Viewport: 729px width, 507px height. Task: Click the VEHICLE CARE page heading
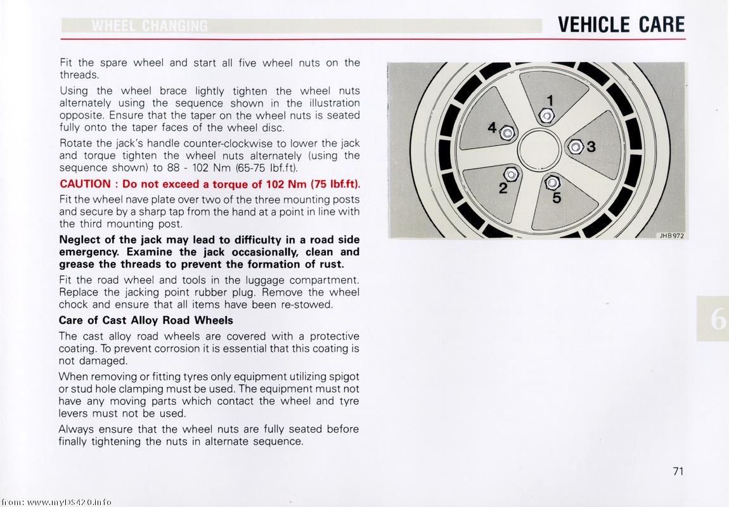click(621, 24)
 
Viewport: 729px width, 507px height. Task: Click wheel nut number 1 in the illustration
click(547, 116)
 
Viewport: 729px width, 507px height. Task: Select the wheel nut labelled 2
click(510, 174)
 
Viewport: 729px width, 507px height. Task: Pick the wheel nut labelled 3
click(575, 147)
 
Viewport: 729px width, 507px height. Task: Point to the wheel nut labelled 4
click(507, 133)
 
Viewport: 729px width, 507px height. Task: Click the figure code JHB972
click(671, 236)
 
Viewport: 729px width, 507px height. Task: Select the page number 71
click(678, 471)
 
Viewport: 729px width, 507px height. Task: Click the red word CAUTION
click(85, 184)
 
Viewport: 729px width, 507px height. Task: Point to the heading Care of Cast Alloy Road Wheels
click(146, 320)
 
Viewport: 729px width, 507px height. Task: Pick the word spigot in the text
click(342, 376)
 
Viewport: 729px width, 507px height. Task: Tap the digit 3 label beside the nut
click(591, 147)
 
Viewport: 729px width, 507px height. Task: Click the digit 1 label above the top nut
click(550, 100)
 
